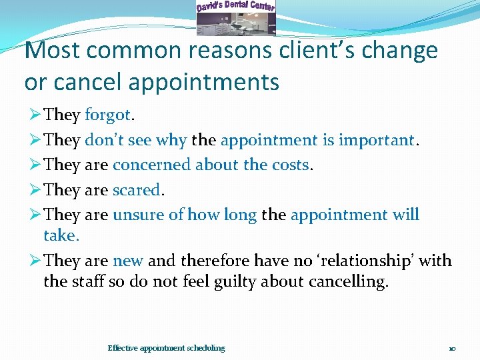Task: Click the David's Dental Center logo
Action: [x=235, y=17]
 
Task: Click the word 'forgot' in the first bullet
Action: [x=109, y=115]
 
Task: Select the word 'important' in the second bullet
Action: [x=376, y=141]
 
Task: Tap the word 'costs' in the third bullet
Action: [x=289, y=165]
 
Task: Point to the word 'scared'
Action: [x=136, y=190]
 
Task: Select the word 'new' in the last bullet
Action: [x=128, y=261]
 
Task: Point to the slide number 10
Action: [x=452, y=349]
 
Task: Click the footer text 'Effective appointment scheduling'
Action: [x=166, y=348]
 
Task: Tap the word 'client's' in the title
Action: [x=313, y=51]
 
